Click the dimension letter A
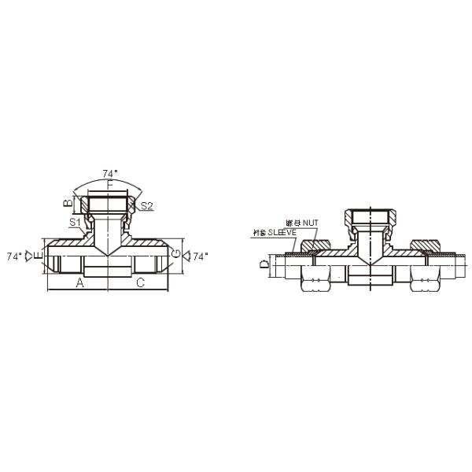coord(79,282)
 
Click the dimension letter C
coord(140,282)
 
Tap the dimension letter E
coord(39,256)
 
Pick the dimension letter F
coord(110,183)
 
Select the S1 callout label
coord(74,223)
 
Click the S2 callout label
coord(146,206)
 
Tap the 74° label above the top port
coord(110,173)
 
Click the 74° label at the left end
coord(14,256)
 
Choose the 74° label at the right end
coord(201,256)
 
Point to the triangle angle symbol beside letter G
coord(186,256)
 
